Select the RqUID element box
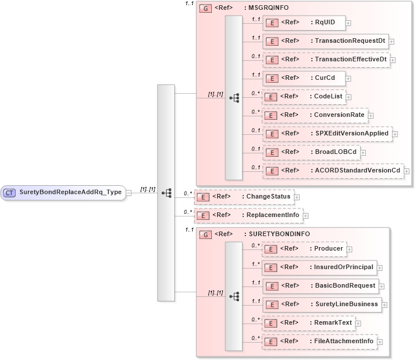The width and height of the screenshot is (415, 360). point(304,23)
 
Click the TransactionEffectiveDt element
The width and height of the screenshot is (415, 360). point(326,60)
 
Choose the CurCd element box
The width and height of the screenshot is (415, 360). point(304,78)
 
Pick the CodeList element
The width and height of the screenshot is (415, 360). point(304,97)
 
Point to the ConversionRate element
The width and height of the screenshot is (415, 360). point(315,115)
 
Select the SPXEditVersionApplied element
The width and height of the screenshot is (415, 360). point(326,134)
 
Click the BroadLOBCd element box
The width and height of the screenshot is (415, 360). point(310,152)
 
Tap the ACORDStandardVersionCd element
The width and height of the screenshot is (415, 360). point(333,171)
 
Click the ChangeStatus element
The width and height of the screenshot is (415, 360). point(244,197)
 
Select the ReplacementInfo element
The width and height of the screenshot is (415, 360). point(248,215)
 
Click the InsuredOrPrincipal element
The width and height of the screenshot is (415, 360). point(319,267)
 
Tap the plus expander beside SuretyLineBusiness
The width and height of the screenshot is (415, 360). point(385,304)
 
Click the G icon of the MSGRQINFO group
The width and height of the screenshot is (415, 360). point(205,9)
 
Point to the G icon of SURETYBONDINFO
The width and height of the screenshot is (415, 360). point(205,234)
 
